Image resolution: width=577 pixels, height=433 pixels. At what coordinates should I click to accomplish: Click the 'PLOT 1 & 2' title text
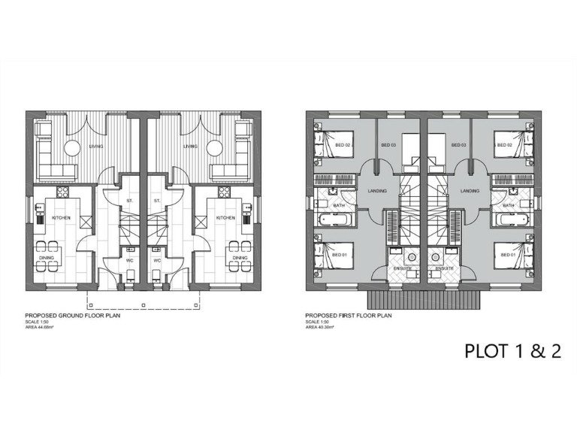pos(513,351)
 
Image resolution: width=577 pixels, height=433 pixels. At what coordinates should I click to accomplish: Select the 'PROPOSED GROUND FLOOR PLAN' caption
pos(74,316)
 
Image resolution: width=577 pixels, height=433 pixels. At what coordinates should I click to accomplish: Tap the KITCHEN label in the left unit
pos(61,218)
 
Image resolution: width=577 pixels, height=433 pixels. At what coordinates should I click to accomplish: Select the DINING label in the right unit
pos(240,259)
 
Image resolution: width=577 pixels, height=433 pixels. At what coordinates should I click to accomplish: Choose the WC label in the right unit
pos(157,261)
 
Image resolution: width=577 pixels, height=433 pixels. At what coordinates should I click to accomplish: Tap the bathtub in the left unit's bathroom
pos(334,221)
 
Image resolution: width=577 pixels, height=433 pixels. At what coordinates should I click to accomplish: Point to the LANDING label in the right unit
pos(470,191)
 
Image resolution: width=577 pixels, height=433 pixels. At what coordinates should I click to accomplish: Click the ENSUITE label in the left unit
pos(402,268)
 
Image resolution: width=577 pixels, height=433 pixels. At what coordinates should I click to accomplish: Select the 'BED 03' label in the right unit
pos(458,145)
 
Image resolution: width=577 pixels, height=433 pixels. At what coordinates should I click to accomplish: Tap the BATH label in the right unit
pos(509,205)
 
